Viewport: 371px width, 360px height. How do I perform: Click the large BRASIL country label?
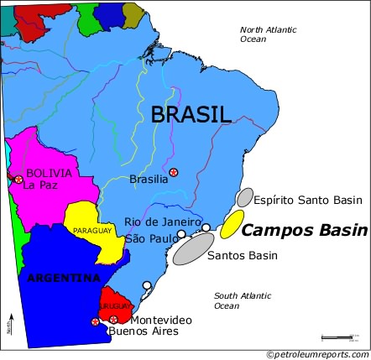click(x=191, y=115)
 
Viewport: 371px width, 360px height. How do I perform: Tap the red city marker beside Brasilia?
click(x=174, y=173)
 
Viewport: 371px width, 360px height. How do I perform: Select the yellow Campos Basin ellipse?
click(x=233, y=225)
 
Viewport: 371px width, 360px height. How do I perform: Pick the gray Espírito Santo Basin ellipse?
click(x=244, y=198)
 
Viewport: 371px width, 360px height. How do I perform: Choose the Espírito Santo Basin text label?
click(x=308, y=201)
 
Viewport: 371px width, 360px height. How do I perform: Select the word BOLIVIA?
click(x=49, y=173)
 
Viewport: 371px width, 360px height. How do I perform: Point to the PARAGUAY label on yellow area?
click(x=91, y=229)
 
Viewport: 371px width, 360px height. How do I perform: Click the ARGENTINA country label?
click(x=63, y=278)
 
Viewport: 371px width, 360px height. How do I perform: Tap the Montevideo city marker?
click(x=113, y=320)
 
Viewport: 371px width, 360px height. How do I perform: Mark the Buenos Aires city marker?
click(x=95, y=321)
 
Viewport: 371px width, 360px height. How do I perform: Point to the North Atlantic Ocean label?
click(x=268, y=34)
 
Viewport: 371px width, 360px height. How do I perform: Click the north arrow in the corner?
click(x=10, y=323)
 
